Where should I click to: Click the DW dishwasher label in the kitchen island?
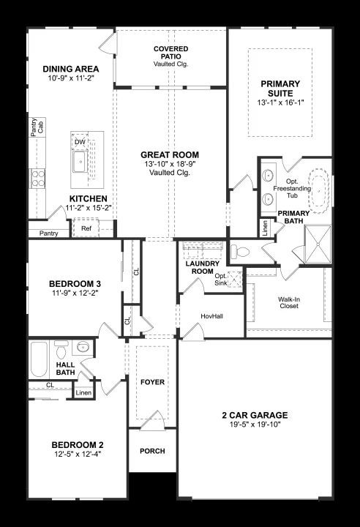pyautogui.click(x=80, y=142)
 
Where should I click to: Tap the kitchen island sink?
pyautogui.click(x=80, y=162)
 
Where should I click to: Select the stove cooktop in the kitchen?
pyautogui.click(x=38, y=179)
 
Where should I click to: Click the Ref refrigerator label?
pyautogui.click(x=86, y=228)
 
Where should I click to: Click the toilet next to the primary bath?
pyautogui.click(x=240, y=251)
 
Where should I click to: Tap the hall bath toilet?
pyautogui.click(x=61, y=350)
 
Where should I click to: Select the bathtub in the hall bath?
pyautogui.click(x=38, y=359)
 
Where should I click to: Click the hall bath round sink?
pyautogui.click(x=83, y=346)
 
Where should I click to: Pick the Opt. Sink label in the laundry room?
pyautogui.click(x=221, y=280)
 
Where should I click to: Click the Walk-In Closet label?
pyautogui.click(x=289, y=302)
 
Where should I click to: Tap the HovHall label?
pyautogui.click(x=211, y=316)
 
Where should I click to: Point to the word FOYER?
pyautogui.click(x=153, y=382)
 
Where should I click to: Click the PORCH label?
pyautogui.click(x=153, y=451)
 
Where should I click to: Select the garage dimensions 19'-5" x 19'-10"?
pyautogui.click(x=255, y=425)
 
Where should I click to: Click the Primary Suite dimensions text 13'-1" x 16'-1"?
pyautogui.click(x=281, y=103)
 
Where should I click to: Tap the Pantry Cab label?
pyautogui.click(x=37, y=127)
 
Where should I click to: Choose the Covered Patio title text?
pyautogui.click(x=171, y=53)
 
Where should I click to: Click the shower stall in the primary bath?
pyautogui.click(x=318, y=244)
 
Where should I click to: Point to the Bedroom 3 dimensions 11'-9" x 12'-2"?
pyautogui.click(x=75, y=293)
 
